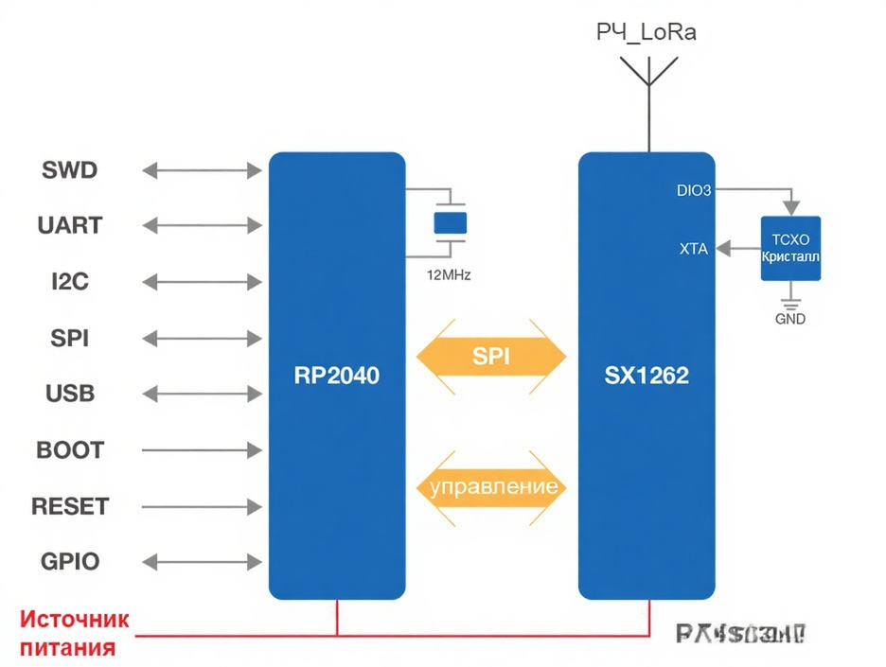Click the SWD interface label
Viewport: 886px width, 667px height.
tap(70, 170)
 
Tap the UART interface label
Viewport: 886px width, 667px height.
tap(70, 226)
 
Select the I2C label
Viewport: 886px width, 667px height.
tap(70, 282)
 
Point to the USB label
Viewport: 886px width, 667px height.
tap(70, 394)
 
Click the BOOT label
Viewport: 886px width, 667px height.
tap(70, 449)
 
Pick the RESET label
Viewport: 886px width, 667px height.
tap(70, 506)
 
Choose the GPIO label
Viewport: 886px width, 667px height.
tap(70, 561)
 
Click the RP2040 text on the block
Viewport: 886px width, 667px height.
tap(336, 376)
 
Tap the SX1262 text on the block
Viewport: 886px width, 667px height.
tap(647, 376)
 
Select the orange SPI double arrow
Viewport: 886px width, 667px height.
tap(491, 356)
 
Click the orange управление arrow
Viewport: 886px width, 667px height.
tap(492, 488)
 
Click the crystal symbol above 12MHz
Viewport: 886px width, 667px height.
tap(451, 223)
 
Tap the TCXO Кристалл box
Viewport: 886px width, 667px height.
tap(790, 248)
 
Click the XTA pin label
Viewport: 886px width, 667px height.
tap(693, 249)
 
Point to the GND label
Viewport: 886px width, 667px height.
tap(790, 319)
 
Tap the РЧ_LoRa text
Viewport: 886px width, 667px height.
tap(647, 33)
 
